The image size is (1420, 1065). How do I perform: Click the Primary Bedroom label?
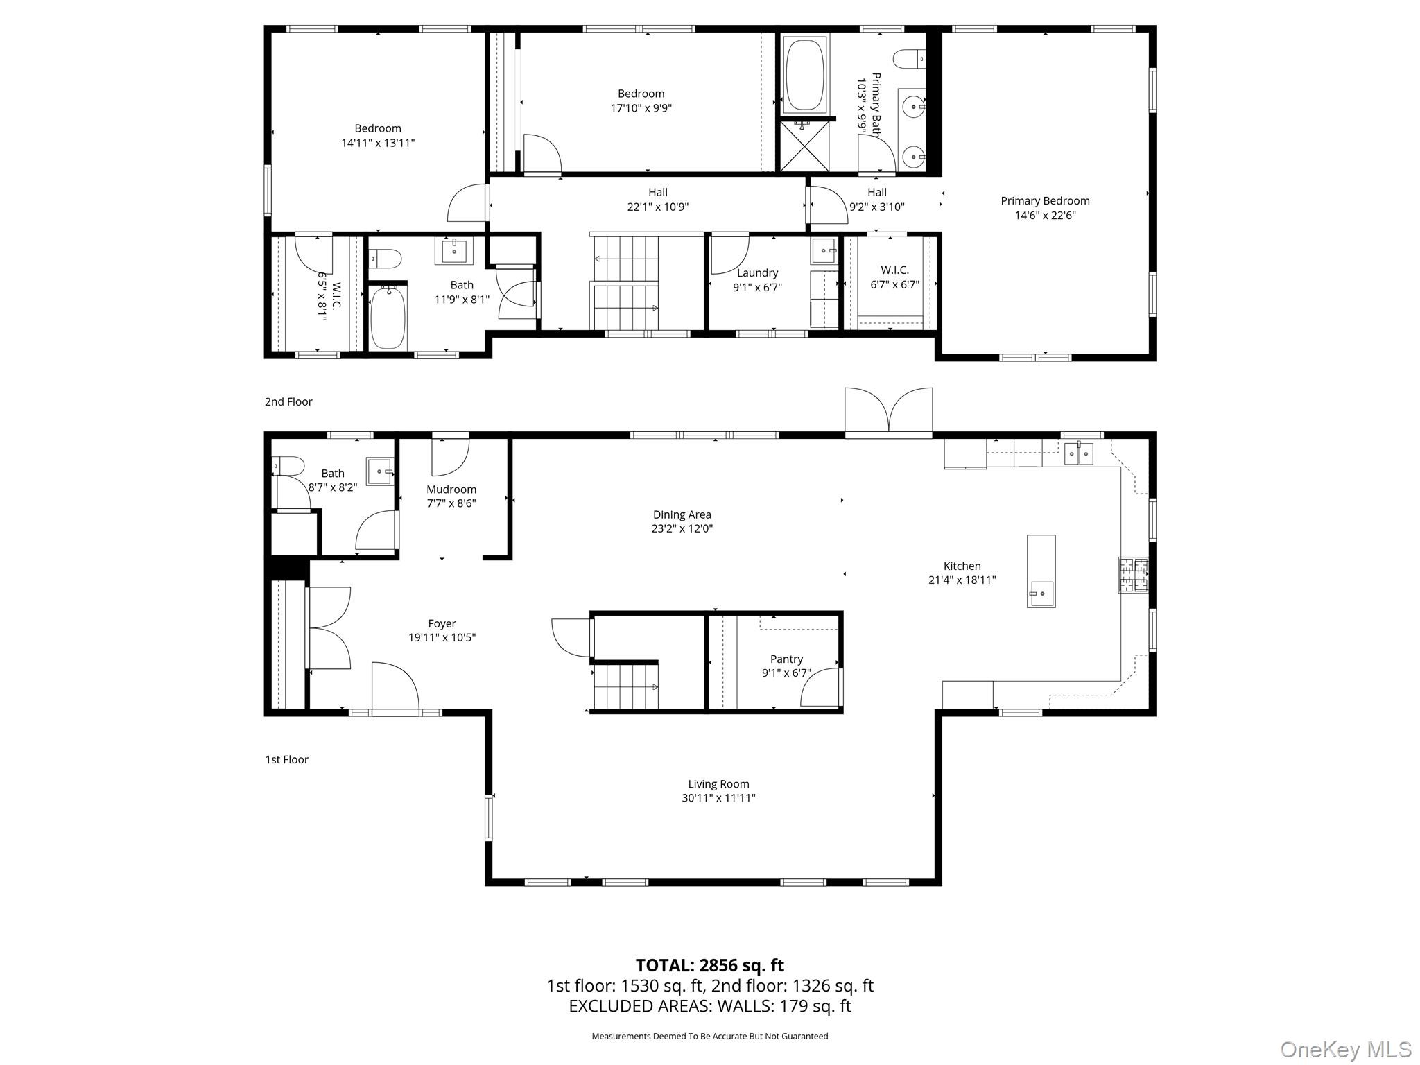point(1045,201)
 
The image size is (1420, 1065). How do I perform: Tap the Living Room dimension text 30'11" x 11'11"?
point(718,798)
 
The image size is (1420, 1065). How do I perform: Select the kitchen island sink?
point(1040,594)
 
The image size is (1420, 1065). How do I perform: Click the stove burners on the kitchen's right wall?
point(1132,575)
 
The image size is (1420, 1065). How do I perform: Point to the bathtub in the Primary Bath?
point(804,74)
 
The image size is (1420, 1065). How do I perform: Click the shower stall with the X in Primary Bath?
point(804,146)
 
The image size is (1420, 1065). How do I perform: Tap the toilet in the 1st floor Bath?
point(287,466)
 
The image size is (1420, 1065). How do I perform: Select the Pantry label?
point(786,659)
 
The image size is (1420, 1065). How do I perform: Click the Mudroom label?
point(451,490)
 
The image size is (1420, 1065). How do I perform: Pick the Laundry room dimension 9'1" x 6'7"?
point(757,287)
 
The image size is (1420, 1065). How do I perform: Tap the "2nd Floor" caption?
point(288,402)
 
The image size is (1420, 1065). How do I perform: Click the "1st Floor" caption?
point(286,760)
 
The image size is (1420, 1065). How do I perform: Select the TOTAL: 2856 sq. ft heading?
point(709,965)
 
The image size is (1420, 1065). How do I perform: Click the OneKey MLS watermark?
point(1345,1049)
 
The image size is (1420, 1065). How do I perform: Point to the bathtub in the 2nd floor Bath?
point(388,318)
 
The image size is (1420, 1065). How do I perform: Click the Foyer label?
point(442,624)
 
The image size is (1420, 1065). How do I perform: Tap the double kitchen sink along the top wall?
point(1079,453)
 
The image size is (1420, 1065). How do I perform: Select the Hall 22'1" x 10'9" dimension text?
point(657,207)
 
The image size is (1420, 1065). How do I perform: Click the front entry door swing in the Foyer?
point(395,686)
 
